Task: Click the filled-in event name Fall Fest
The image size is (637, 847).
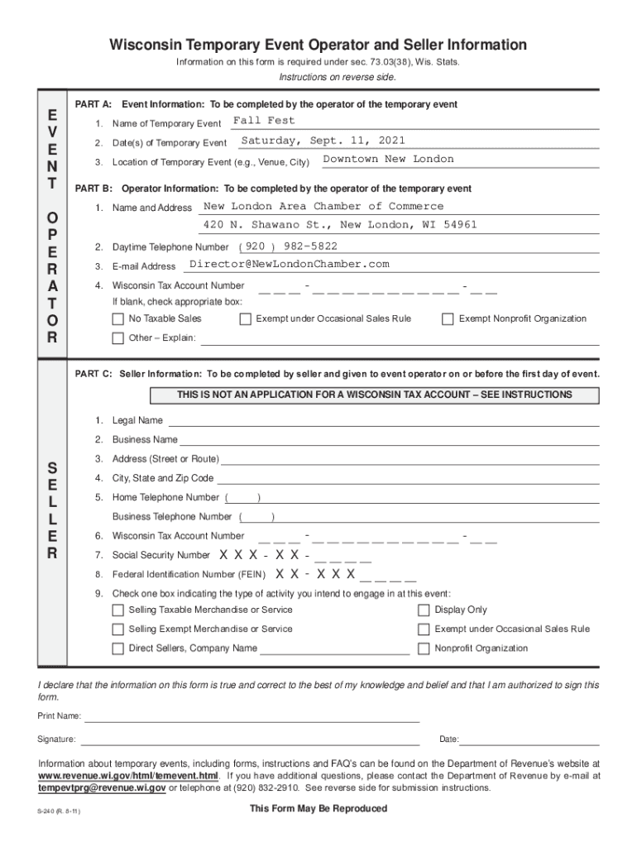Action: click(x=263, y=121)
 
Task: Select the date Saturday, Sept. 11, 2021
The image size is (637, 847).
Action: click(x=323, y=141)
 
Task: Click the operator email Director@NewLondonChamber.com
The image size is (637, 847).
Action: click(x=289, y=264)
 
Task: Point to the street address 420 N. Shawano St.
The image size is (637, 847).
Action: click(x=264, y=225)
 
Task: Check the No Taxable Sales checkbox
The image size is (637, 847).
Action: click(x=117, y=319)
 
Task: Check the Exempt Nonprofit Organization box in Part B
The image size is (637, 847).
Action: click(x=448, y=319)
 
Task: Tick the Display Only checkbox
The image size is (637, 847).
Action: click(x=424, y=610)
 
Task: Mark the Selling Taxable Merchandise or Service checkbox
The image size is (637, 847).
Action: click(x=117, y=610)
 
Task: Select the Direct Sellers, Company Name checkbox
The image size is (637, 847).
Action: click(x=117, y=648)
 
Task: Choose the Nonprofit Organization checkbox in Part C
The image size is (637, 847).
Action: click(x=424, y=648)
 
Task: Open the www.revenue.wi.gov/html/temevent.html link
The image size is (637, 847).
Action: click(x=129, y=777)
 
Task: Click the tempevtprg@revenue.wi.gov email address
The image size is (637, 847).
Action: click(x=103, y=788)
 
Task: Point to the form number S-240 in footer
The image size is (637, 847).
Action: click(x=59, y=811)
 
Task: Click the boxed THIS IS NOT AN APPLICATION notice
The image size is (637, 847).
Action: click(x=375, y=395)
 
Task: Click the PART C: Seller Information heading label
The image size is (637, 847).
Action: click(x=95, y=374)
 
